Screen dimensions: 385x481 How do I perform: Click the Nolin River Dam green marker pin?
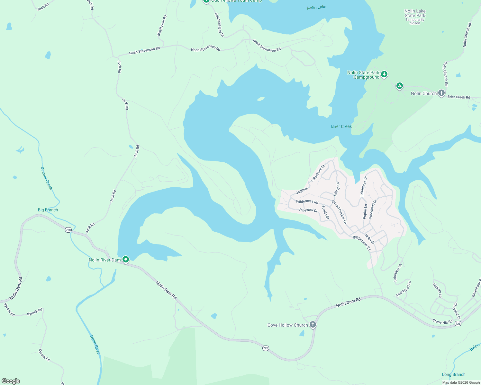126,259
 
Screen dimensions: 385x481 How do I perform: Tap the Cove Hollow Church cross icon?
313,325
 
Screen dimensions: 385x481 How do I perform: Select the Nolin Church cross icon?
441,93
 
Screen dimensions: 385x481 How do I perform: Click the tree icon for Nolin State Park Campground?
384,74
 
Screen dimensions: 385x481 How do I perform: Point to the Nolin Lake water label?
316,7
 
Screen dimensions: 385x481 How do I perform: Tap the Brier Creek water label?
341,126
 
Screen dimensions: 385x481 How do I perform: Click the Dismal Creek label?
46,178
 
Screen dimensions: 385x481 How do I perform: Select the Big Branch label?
48,210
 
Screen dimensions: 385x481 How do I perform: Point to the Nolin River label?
95,345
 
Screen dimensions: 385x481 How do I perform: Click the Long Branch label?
453,374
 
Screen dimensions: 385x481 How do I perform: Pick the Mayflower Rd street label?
162,25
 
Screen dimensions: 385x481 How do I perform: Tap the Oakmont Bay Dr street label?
219,25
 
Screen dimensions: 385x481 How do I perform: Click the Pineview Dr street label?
308,210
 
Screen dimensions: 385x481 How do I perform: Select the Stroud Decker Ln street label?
339,212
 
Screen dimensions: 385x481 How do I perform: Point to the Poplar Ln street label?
365,211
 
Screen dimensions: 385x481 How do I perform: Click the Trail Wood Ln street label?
403,289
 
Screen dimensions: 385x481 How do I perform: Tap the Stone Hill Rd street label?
442,321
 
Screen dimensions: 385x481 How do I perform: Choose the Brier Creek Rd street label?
458,97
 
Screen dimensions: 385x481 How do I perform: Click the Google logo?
11,381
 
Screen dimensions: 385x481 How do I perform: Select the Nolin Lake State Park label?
415,13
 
